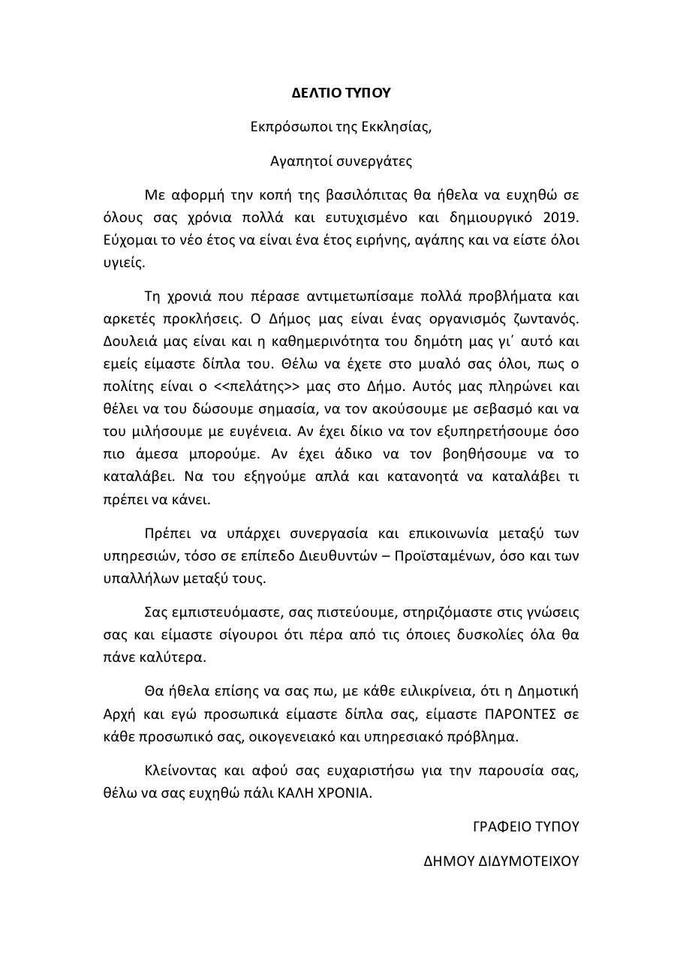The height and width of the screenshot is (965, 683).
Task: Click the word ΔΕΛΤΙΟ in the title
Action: [315, 94]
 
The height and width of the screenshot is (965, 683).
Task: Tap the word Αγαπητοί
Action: [298, 160]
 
